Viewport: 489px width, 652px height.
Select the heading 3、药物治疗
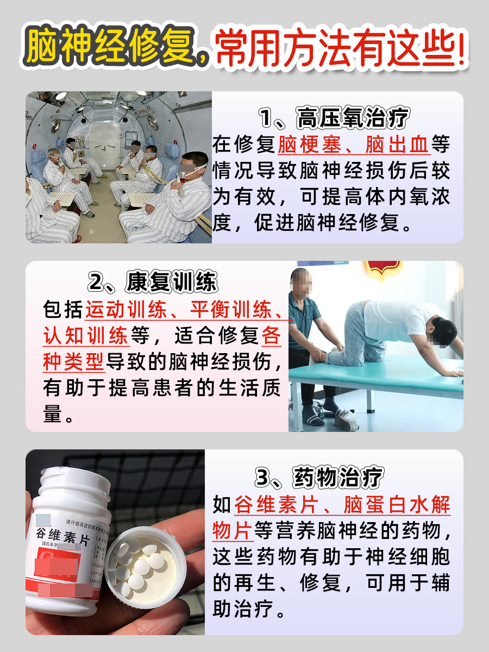tap(319, 478)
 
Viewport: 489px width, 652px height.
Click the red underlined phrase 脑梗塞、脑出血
tap(354, 145)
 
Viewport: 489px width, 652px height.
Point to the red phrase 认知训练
tap(85, 336)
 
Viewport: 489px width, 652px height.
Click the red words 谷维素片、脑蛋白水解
tap(342, 506)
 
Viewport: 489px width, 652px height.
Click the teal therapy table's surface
tap(391, 380)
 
